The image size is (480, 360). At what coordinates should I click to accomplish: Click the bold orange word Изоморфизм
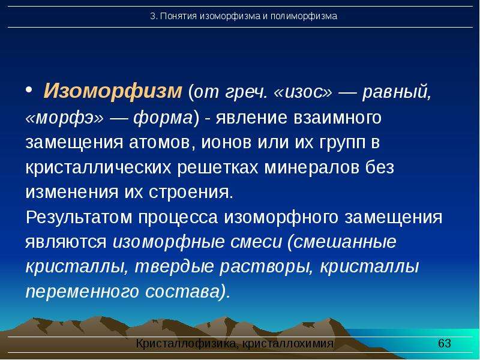click(113, 91)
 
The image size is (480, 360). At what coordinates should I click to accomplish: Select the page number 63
click(444, 343)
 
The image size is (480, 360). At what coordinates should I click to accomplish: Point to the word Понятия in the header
click(178, 16)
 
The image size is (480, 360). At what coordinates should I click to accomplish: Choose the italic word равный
click(397, 92)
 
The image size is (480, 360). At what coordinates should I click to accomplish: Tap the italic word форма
click(163, 117)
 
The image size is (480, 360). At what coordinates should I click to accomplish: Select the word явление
click(251, 118)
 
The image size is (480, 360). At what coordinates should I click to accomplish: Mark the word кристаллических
click(98, 167)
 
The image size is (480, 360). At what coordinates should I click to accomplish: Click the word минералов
click(311, 167)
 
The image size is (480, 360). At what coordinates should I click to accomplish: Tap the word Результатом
click(79, 217)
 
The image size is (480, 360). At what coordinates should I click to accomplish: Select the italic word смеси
click(256, 242)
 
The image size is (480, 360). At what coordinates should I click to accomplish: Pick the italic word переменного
click(82, 292)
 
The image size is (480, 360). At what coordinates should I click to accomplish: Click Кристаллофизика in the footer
click(186, 343)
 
